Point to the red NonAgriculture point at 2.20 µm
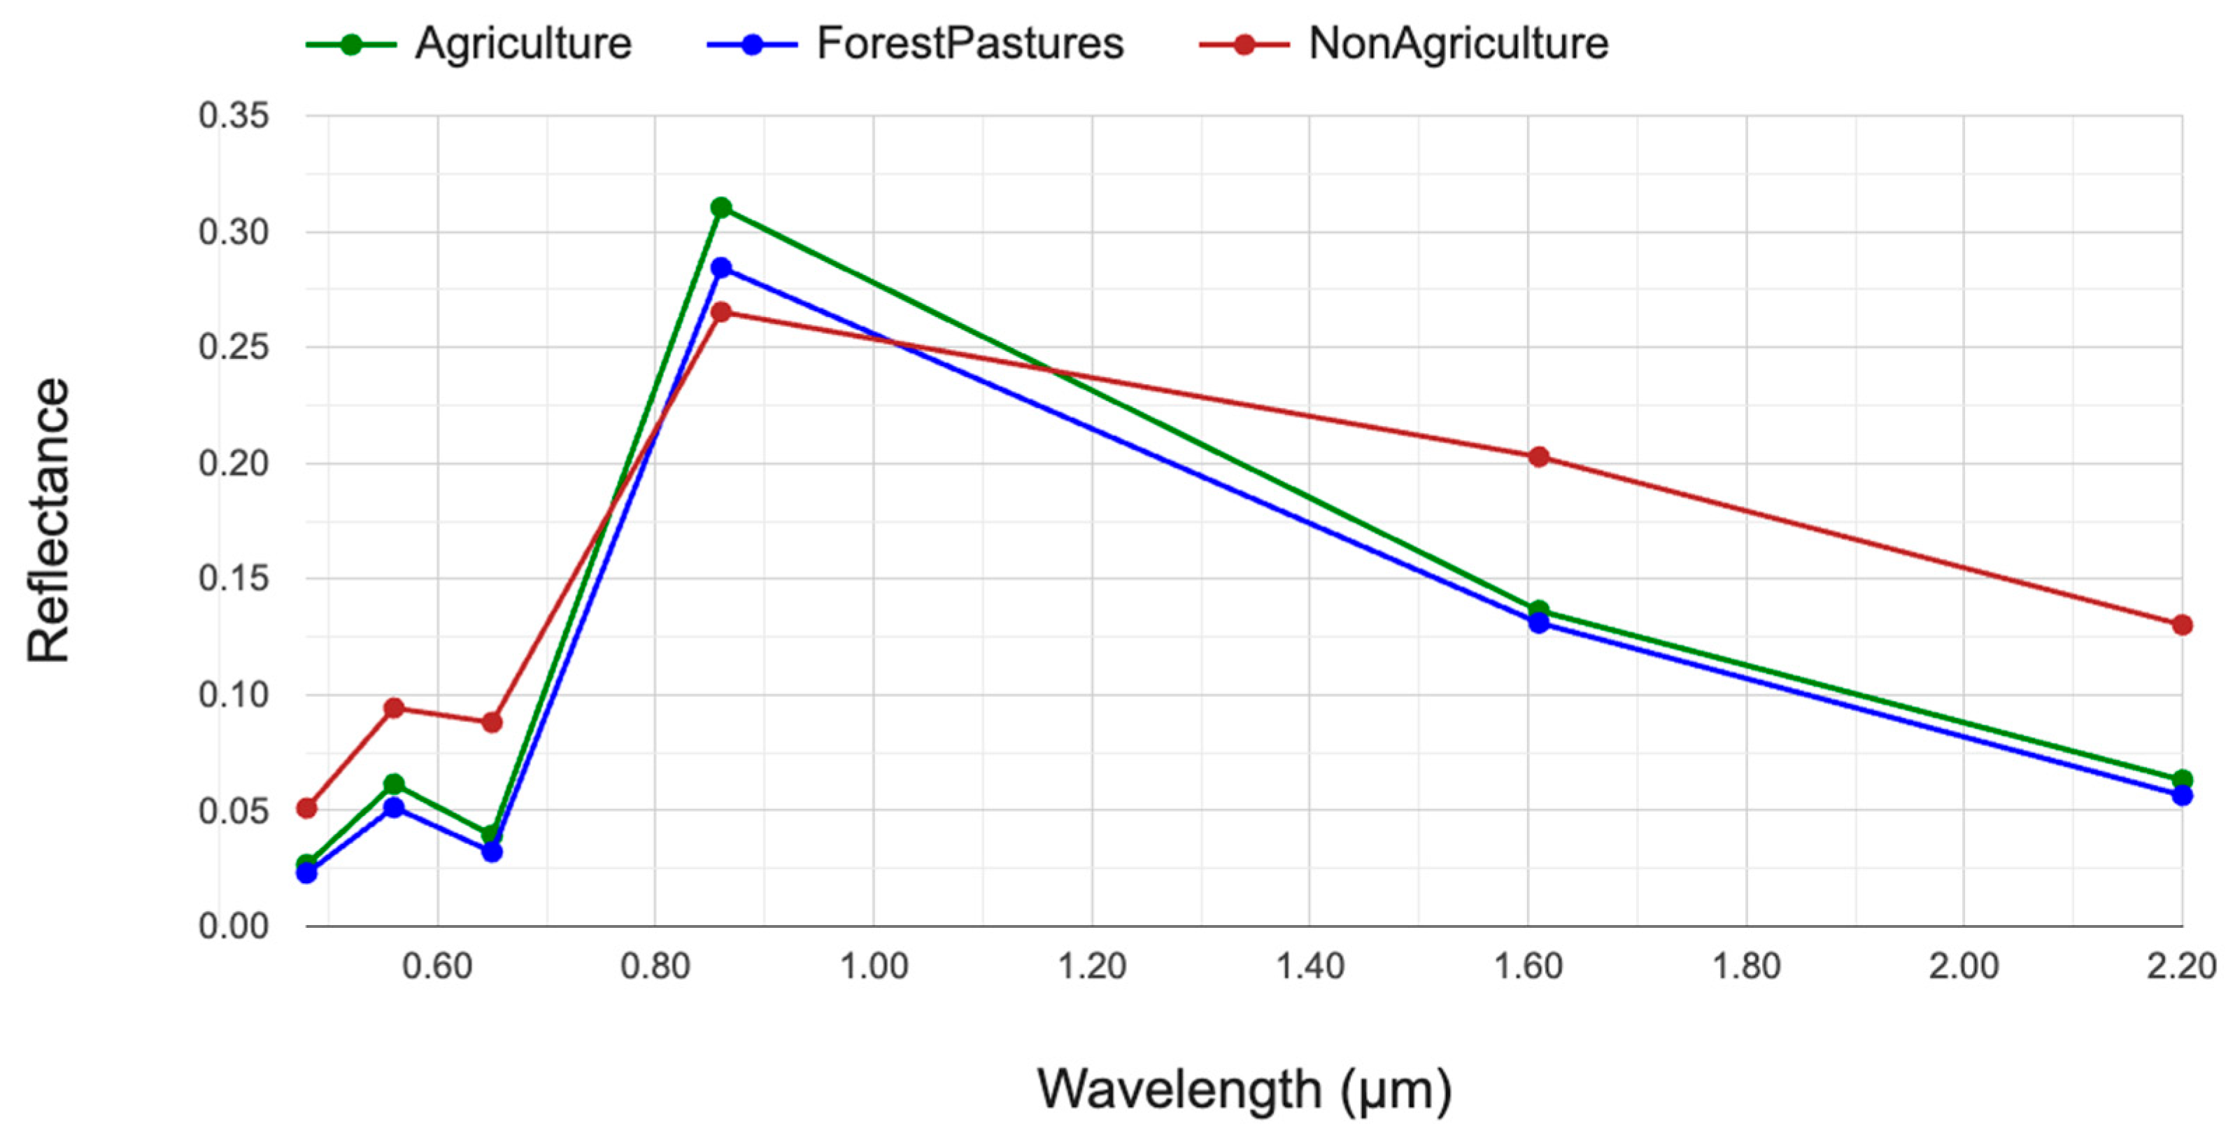click(2182, 625)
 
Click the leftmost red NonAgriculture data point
click(306, 808)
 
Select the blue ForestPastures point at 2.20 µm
click(2182, 795)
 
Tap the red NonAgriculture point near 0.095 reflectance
click(394, 707)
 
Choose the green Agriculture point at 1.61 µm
click(1538, 610)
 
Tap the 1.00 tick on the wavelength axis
click(874, 966)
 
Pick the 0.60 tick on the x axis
click(437, 966)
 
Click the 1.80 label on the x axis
click(1745, 966)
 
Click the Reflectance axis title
click(48, 521)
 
